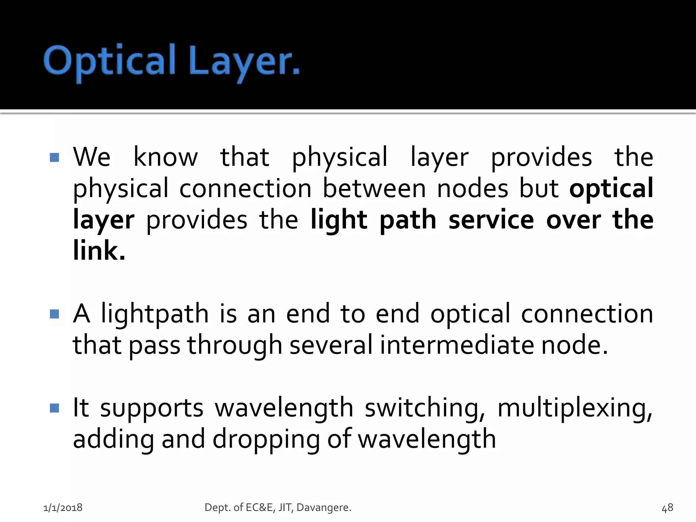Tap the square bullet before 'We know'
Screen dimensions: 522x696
[54, 157]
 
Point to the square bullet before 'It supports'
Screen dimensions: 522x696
[54, 408]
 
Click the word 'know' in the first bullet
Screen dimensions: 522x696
[166, 157]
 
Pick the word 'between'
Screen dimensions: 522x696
[374, 188]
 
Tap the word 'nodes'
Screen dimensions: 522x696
[472, 188]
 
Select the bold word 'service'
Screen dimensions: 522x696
[491, 220]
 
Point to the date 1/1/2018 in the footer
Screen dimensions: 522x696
[63, 508]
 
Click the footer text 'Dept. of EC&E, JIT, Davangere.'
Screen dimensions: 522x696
[278, 508]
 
